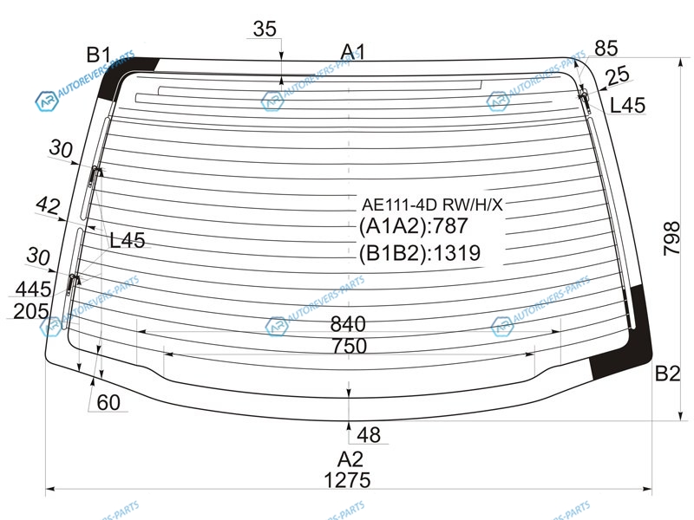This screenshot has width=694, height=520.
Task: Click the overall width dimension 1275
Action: tap(348, 480)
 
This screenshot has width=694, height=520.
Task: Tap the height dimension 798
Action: tap(671, 238)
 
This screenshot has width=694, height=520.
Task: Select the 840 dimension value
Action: tap(348, 324)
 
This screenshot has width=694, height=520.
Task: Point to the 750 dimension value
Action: tap(350, 346)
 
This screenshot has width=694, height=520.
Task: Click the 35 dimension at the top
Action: tap(265, 29)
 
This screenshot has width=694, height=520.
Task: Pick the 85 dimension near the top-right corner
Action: tap(606, 49)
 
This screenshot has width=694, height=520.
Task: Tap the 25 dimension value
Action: tap(618, 75)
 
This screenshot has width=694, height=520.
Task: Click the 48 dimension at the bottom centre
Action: tap(369, 435)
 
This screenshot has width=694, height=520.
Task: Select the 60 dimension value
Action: tap(108, 403)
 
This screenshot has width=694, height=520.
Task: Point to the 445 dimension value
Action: tap(33, 289)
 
